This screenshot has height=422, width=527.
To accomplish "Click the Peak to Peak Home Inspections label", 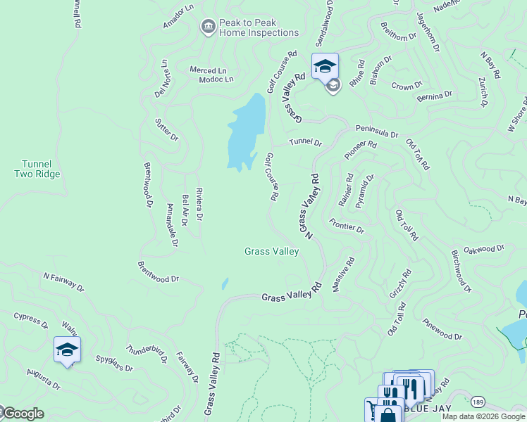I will point(259,27).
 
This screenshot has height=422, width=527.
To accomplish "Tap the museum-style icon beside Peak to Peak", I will point(208,27).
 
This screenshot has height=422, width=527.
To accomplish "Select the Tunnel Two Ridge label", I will point(37,169).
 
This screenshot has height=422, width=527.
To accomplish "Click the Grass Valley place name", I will point(271,251).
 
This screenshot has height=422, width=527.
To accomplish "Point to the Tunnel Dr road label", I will point(305,142).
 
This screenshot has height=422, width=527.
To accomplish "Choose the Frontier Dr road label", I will point(346,226).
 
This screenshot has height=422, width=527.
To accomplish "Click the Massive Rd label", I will point(343,274).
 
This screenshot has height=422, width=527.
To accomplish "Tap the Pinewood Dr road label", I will point(442,329).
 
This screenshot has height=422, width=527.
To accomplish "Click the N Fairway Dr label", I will point(63,282).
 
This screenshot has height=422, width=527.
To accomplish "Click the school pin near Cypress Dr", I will point(67,350).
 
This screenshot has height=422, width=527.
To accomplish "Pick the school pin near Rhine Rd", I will point(325,67).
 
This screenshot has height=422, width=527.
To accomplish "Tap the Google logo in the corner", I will point(23,414).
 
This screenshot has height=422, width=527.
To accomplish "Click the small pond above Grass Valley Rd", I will point(225,283).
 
